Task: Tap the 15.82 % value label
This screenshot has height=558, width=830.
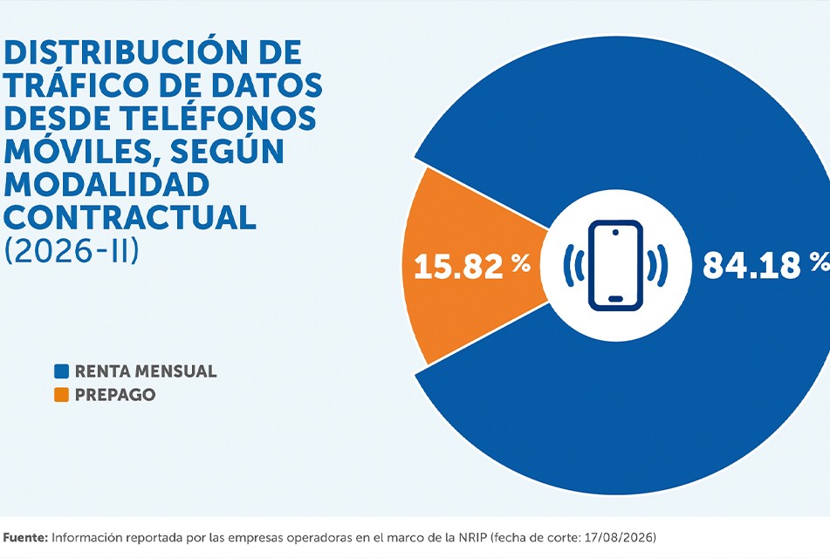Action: [x=471, y=265]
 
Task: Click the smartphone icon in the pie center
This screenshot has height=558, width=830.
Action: [x=615, y=264]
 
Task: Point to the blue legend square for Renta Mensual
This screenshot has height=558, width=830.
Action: [x=61, y=371]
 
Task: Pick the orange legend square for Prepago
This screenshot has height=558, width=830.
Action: [x=61, y=395]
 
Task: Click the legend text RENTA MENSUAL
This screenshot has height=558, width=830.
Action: [x=146, y=371]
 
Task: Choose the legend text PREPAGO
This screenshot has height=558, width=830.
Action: [x=115, y=395]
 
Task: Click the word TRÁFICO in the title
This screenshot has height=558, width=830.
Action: [x=72, y=85]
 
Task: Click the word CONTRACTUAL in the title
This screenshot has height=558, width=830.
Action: [x=130, y=216]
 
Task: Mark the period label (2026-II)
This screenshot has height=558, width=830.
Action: [x=72, y=249]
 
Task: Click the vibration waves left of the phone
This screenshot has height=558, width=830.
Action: [x=573, y=266]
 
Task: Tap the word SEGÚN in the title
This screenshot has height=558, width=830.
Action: [x=228, y=150]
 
